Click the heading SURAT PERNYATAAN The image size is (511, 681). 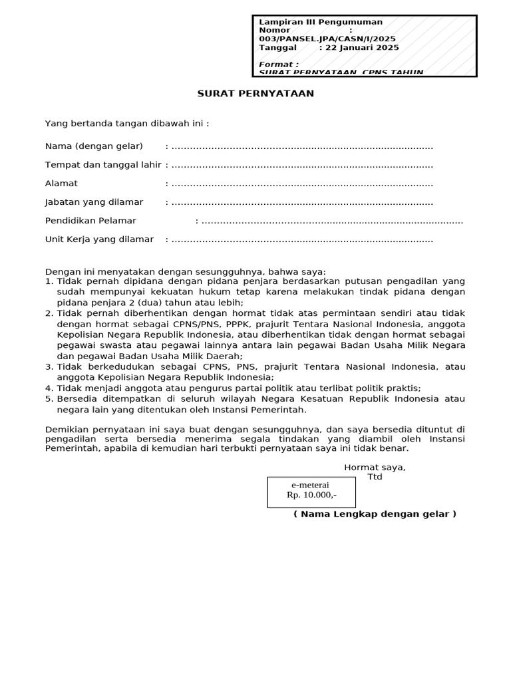click(x=255, y=94)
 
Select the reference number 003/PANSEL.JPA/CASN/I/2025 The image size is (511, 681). click(x=327, y=39)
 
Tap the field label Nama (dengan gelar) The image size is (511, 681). click(x=94, y=146)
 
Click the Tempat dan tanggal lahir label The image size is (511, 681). click(x=103, y=165)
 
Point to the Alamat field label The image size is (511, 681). click(x=61, y=184)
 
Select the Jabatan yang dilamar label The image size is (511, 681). click(x=94, y=202)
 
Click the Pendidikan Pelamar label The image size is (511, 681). click(x=90, y=221)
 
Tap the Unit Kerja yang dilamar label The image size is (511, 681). click(x=99, y=239)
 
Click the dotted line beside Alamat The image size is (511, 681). click(x=302, y=184)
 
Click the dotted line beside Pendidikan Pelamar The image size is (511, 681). click(x=332, y=221)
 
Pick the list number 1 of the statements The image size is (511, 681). click(x=49, y=281)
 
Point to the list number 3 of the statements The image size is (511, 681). click(x=49, y=367)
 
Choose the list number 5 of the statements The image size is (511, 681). click(x=49, y=399)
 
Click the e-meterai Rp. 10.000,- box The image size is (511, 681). click(x=311, y=491)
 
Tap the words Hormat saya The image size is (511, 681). click(x=375, y=468)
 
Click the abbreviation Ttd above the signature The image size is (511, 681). click(x=375, y=477)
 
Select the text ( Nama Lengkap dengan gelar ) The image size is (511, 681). click(x=375, y=514)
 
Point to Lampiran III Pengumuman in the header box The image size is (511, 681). click(x=321, y=22)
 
